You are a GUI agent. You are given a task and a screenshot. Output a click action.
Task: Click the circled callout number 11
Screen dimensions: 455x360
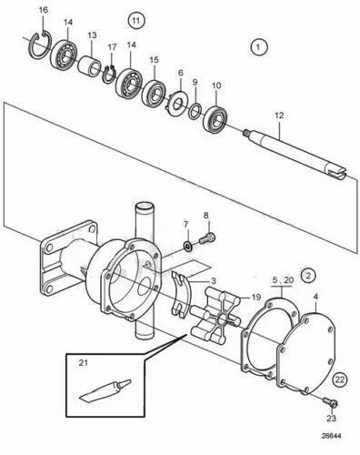point(135,19)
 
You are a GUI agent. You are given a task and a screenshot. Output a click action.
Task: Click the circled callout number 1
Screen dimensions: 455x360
point(259,45)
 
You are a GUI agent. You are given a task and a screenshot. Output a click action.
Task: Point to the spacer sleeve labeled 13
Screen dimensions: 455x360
point(91,66)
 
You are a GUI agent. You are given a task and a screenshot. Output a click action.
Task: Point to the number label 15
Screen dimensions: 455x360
point(153,59)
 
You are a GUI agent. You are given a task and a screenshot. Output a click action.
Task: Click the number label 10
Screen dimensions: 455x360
point(216,86)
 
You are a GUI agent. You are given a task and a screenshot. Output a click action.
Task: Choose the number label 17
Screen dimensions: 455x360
point(112,46)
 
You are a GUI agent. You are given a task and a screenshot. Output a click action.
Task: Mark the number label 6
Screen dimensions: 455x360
point(180,73)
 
